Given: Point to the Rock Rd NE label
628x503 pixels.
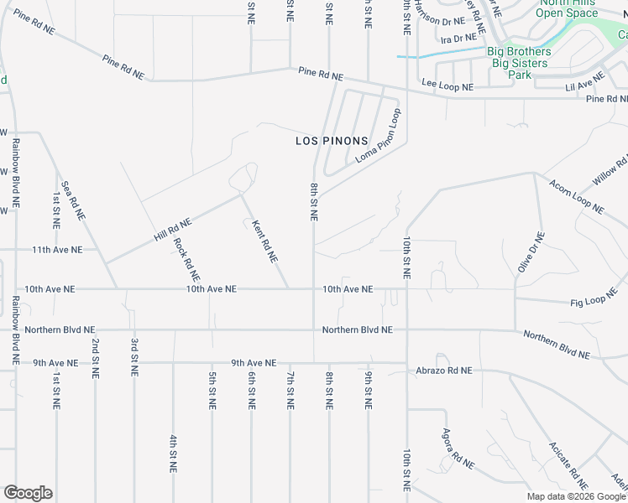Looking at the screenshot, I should click(x=186, y=259).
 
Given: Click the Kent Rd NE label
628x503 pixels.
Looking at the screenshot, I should click(x=264, y=241).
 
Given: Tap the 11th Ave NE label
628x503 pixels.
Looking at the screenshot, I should click(x=57, y=250).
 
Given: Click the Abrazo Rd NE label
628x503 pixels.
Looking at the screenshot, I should click(x=443, y=370).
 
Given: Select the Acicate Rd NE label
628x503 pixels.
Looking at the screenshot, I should click(x=568, y=465).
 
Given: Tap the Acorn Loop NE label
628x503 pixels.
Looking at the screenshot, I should click(x=576, y=195).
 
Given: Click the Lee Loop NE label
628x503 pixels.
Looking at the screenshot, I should click(x=447, y=86).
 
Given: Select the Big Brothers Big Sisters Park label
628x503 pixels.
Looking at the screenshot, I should click(x=520, y=63).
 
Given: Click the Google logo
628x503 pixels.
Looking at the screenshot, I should click(x=28, y=493).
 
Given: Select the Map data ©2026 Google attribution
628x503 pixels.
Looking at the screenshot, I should click(x=576, y=496).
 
